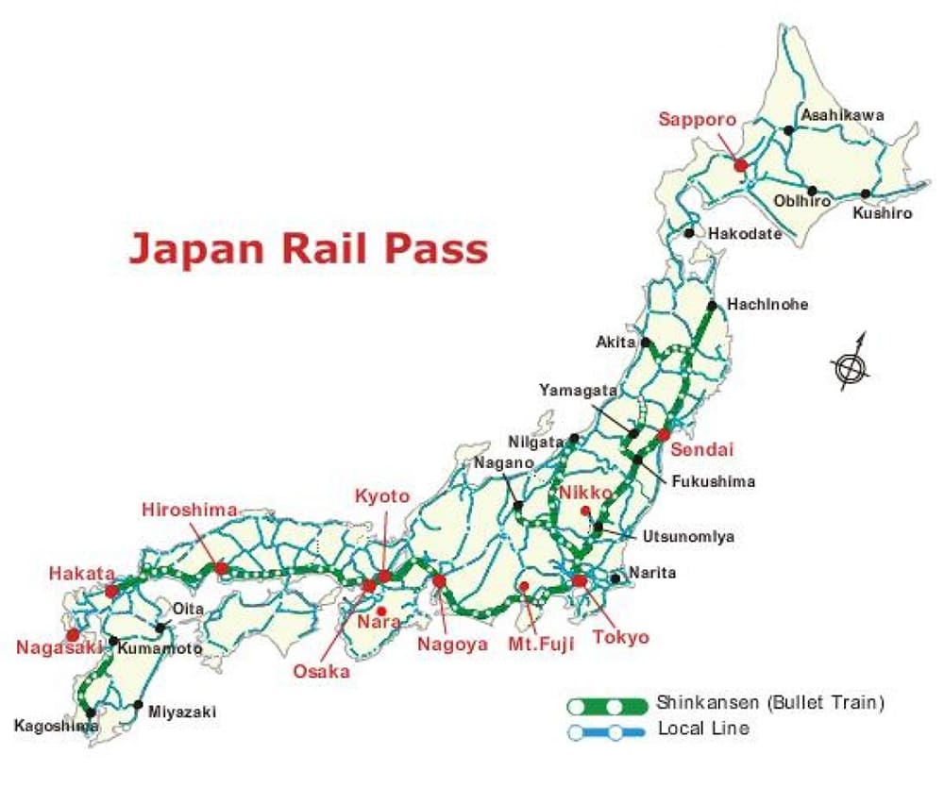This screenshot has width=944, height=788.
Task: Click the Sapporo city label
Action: pyautogui.click(x=697, y=120)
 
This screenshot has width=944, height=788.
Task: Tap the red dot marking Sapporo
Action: pyautogui.click(x=741, y=165)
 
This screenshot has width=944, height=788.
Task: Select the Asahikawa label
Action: pyautogui.click(x=842, y=115)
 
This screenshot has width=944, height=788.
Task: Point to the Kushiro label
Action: pyautogui.click(x=883, y=213)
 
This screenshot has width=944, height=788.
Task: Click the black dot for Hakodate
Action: pyautogui.click(x=690, y=232)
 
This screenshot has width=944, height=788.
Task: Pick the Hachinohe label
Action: pyautogui.click(x=767, y=305)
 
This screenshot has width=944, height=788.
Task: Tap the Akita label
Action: pyautogui.click(x=615, y=342)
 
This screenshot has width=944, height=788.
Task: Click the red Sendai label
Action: pyautogui.click(x=701, y=449)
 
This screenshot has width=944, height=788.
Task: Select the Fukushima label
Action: pyautogui.click(x=714, y=481)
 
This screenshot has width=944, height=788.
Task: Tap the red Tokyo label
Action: pyautogui.click(x=621, y=637)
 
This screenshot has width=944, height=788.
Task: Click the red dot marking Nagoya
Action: pyautogui.click(x=439, y=581)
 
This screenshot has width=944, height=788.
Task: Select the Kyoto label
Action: pyautogui.click(x=382, y=496)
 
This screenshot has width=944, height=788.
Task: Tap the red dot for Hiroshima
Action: pyautogui.click(x=221, y=568)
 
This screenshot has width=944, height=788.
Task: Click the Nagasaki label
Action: pyautogui.click(x=59, y=647)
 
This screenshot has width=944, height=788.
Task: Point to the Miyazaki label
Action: pyautogui.click(x=181, y=712)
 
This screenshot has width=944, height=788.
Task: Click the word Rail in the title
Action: pyautogui.click(x=331, y=248)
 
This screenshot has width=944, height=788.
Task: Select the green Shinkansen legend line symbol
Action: pyautogui.click(x=607, y=705)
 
